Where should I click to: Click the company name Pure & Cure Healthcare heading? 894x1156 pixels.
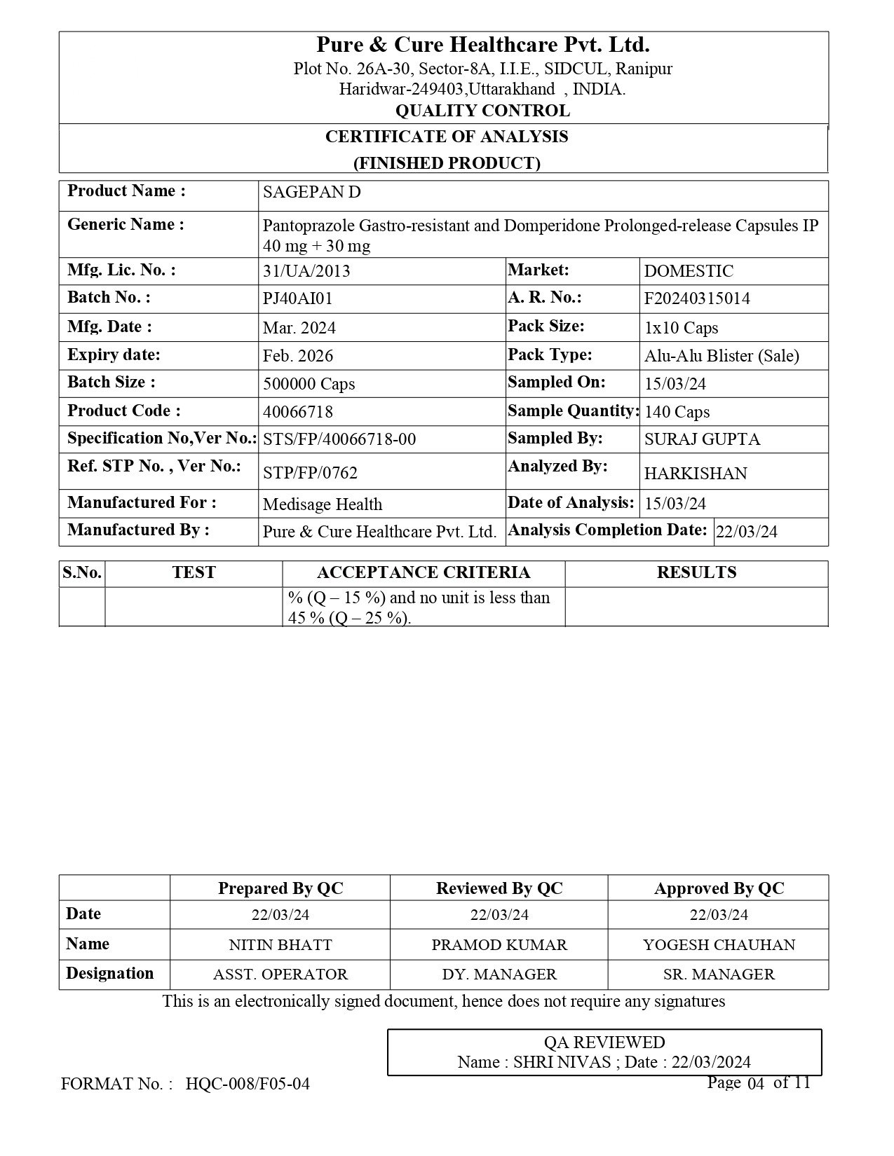point(482,46)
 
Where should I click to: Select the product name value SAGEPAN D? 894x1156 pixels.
point(311,193)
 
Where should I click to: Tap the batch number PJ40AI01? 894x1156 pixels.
point(297,299)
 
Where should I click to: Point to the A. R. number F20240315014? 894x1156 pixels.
point(697,299)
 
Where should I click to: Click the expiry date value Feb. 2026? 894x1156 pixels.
point(298,356)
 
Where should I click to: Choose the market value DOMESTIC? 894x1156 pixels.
point(689,272)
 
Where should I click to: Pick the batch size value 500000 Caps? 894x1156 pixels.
point(309,384)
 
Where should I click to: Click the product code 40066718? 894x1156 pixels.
point(298,412)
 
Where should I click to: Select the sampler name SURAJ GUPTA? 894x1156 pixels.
point(702,440)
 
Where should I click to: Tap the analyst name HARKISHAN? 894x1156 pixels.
point(696,474)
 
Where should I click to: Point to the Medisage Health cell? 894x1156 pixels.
point(323,504)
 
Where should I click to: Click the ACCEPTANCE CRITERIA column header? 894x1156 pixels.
point(424,573)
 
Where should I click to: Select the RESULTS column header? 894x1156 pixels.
point(696,573)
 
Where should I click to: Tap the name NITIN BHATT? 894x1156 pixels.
point(280,945)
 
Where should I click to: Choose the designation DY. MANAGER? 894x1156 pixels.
point(499,975)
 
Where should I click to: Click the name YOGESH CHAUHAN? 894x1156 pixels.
point(719,945)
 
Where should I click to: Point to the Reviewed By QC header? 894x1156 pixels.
point(499,889)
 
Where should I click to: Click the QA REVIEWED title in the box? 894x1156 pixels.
point(604,1043)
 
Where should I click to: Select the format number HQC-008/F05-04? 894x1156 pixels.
point(248,1085)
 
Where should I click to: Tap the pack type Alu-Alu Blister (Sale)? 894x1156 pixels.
point(722,356)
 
